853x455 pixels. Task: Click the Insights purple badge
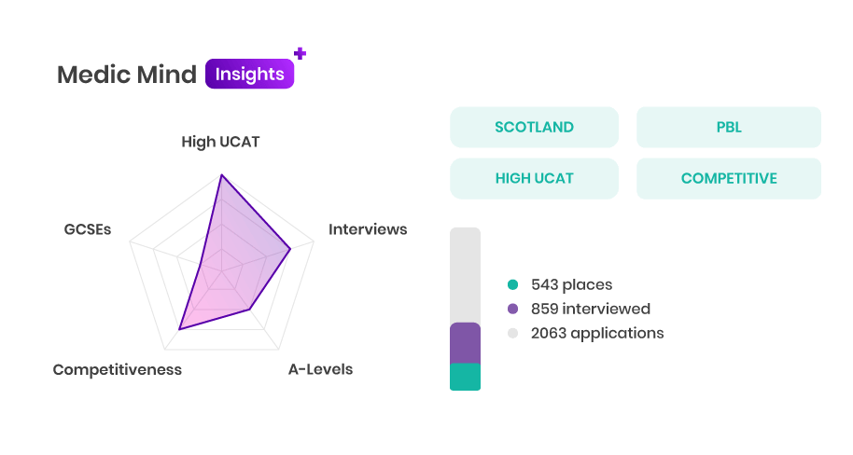[x=250, y=74]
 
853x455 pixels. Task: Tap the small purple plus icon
[x=300, y=53]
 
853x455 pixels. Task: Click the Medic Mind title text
[x=127, y=75]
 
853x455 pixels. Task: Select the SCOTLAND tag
[x=534, y=127]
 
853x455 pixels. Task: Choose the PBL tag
[x=729, y=127]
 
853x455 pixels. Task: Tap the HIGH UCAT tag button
[x=534, y=178]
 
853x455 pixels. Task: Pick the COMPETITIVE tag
[x=729, y=178]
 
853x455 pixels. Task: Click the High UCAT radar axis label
[x=220, y=142]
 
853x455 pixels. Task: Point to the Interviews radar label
[x=368, y=229]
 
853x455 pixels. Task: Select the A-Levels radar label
[x=320, y=369]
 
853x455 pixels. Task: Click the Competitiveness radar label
[x=118, y=369]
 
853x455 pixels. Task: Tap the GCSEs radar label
[x=88, y=229]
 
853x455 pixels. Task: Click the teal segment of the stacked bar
[x=465, y=377]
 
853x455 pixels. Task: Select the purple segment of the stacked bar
[x=465, y=343]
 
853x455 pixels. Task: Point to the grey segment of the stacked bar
[x=465, y=275]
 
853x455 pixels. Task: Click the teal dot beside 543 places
[x=512, y=284]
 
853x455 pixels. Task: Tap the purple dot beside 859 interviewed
[x=512, y=309]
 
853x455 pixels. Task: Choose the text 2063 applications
[x=597, y=333]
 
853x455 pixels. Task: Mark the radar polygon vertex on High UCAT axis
[x=221, y=175]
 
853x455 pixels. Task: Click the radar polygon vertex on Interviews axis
[x=290, y=249]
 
